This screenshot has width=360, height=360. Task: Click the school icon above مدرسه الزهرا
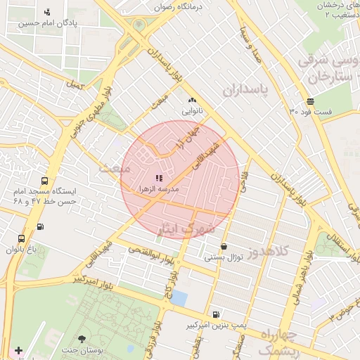(x=159, y=178)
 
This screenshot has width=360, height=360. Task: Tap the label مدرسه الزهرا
(x=158, y=190)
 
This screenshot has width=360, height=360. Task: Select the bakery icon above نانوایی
(x=192, y=101)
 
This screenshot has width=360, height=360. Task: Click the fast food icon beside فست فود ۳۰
(x=310, y=101)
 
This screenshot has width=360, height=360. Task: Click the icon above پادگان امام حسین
(x=47, y=11)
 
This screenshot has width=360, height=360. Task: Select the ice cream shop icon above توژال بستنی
(x=224, y=247)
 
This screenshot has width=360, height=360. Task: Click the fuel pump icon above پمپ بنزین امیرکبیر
(x=214, y=314)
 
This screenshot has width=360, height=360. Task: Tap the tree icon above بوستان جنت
(x=82, y=340)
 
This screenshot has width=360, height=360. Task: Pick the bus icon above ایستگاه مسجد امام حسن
(x=45, y=180)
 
